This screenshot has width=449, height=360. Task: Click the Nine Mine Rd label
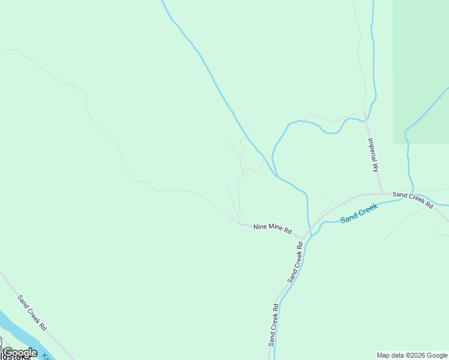point(272,228)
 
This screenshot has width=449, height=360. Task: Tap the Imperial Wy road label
point(373,155)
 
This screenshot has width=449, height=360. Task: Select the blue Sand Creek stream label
point(359,214)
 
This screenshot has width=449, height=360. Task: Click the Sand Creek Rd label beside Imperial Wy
point(412,199)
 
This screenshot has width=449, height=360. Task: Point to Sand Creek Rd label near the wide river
point(32,313)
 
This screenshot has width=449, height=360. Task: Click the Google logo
point(20,353)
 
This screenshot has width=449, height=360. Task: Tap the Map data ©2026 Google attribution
point(412,355)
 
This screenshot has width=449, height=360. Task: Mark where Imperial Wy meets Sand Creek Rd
point(382,193)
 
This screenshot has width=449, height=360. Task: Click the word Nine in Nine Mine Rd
point(259,226)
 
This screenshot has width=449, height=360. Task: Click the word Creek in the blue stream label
point(368,210)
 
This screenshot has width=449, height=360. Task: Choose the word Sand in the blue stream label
point(349,218)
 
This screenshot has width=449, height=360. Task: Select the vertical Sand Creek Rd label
point(274,325)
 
